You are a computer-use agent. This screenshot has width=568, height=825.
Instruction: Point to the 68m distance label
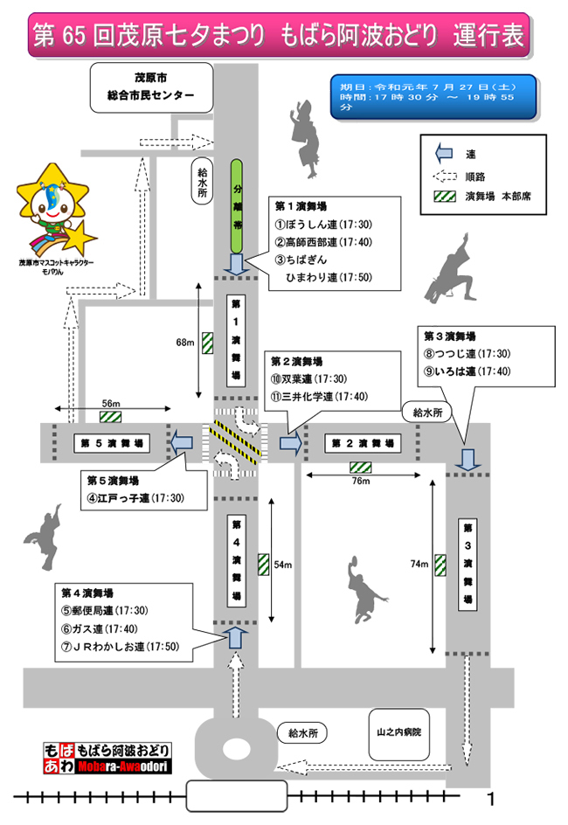tap(184, 343)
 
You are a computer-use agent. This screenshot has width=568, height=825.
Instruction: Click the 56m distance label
tap(111, 403)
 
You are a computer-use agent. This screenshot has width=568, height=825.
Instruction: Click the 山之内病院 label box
tap(399, 730)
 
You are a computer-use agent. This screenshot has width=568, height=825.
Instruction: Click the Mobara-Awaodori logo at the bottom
tap(107, 758)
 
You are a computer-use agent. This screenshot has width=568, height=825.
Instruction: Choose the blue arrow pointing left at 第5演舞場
tap(183, 443)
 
